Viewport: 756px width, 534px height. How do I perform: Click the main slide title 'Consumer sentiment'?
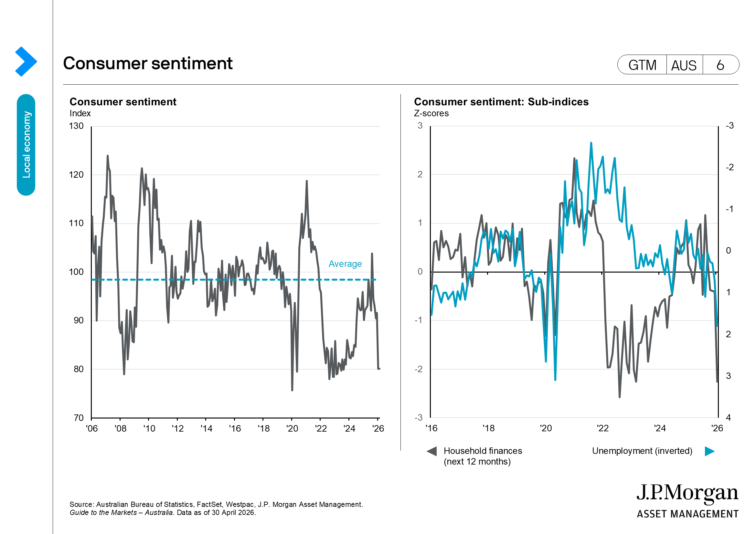(148, 63)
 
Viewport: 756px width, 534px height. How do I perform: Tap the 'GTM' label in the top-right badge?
(642, 65)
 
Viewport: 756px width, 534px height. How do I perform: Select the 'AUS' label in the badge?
(684, 66)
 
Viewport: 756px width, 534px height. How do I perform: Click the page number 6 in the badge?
(720, 65)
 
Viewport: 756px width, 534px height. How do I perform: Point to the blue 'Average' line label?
(345, 264)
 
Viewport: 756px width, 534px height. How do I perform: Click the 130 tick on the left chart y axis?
(76, 126)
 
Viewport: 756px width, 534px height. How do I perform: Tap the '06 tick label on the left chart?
(92, 428)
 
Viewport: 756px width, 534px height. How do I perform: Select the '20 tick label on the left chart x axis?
(292, 428)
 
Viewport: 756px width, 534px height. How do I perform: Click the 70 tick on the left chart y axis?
(79, 418)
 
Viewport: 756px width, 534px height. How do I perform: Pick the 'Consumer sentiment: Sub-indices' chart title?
(501, 102)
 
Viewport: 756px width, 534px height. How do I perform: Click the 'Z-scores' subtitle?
(431, 113)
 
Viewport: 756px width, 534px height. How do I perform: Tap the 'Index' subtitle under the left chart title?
(80, 113)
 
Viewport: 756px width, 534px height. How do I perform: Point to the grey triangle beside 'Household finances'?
(432, 451)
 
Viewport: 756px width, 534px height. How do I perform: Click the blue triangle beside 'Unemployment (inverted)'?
(709, 451)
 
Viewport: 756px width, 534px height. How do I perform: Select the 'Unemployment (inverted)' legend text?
(642, 451)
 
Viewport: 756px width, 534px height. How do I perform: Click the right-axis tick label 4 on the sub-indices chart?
(728, 418)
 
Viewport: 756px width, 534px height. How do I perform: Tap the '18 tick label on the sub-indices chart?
(489, 428)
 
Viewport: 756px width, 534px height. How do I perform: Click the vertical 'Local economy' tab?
(26, 145)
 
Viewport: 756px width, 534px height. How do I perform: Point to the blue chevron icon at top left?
(26, 61)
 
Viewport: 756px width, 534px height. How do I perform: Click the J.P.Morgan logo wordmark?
(687, 493)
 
